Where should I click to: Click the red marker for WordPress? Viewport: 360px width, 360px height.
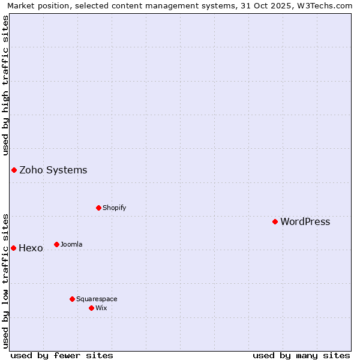(275, 221)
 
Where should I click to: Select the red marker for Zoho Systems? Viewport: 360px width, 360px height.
(14, 170)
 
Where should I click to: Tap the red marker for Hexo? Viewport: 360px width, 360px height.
(13, 248)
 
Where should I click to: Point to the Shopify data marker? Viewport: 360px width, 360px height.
(98, 208)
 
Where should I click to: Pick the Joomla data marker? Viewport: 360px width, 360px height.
(56, 244)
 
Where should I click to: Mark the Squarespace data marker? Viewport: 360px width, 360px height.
(72, 299)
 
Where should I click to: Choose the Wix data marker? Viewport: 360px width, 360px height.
(91, 308)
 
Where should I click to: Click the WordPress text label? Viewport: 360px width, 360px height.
(305, 221)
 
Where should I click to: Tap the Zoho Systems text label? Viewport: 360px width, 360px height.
(53, 170)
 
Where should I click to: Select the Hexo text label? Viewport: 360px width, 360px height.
(31, 248)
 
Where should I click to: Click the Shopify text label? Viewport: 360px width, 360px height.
(114, 208)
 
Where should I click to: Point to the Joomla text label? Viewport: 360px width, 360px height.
(71, 244)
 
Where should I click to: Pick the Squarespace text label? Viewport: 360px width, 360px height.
(97, 299)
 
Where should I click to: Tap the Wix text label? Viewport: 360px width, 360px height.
(101, 308)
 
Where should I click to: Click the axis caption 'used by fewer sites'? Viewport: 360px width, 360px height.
(62, 355)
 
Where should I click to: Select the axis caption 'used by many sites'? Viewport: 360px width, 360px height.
(301, 355)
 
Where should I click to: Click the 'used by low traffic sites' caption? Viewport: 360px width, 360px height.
(5, 280)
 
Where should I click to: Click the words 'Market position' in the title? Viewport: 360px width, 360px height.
(35, 5)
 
